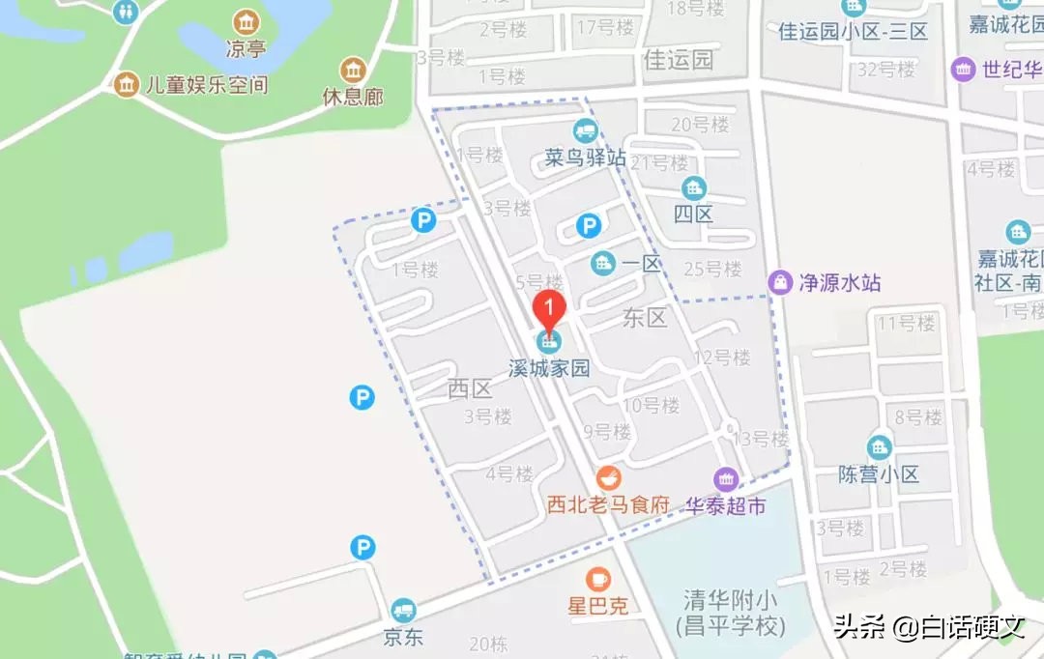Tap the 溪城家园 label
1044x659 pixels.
[550, 369]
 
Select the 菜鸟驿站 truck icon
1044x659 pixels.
[584, 130]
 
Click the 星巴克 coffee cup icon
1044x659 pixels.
[598, 579]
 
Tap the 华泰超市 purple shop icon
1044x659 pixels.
[726, 478]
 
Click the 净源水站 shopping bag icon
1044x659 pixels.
[779, 282]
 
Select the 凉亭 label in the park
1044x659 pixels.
[246, 49]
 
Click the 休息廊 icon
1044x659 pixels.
[353, 70]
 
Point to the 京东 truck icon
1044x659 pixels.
[403, 610]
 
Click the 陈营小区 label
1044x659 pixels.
[879, 474]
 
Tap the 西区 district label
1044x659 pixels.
[471, 389]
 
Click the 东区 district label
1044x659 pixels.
[645, 318]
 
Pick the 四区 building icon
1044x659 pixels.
[693, 187]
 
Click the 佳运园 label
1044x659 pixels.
[678, 61]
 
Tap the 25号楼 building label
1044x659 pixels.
[711, 269]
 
